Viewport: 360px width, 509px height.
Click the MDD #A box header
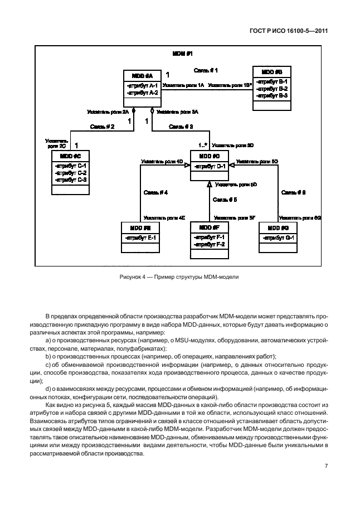click(x=142, y=75)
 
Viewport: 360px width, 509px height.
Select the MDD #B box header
click(x=271, y=72)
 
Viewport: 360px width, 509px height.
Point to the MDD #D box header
click(x=210, y=156)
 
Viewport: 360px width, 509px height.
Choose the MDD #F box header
click(x=210, y=227)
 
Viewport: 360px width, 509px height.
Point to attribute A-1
click(x=143, y=85)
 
